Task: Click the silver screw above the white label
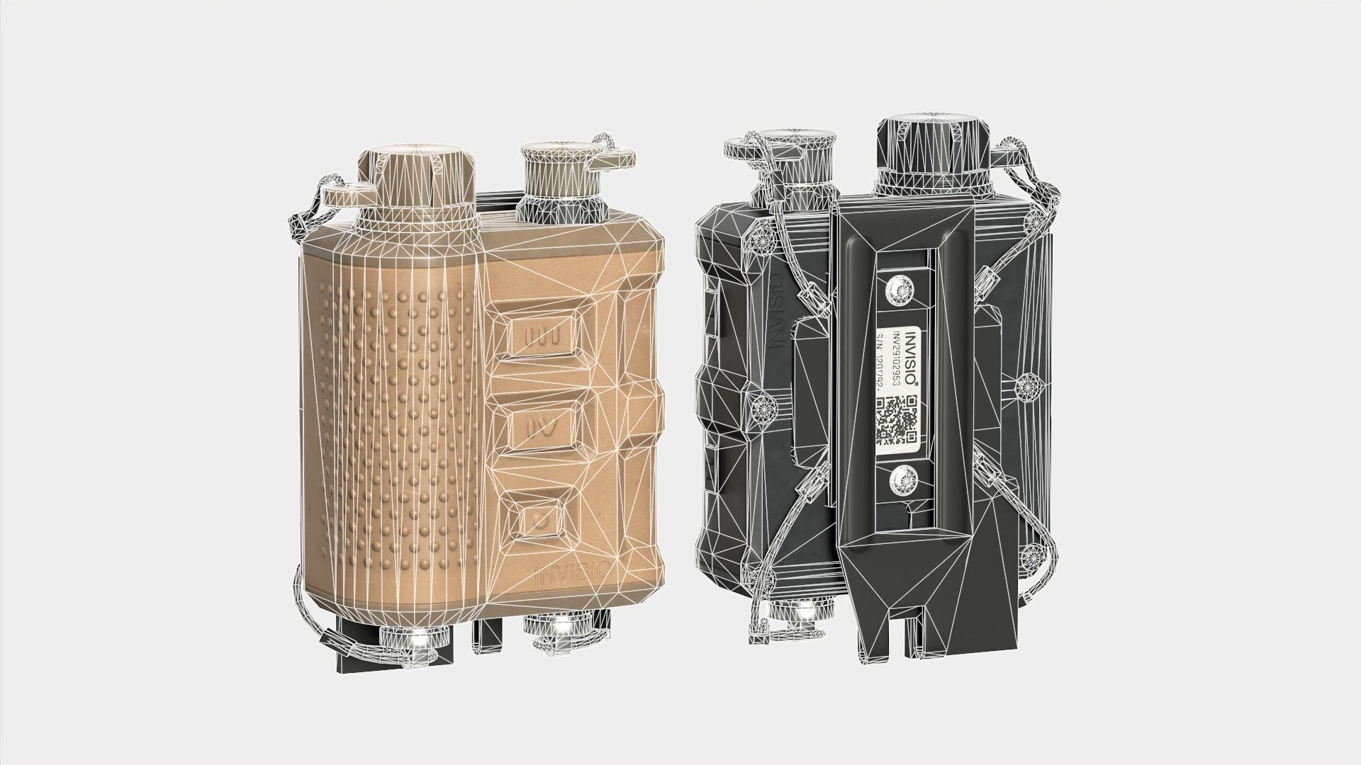coord(901,288)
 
